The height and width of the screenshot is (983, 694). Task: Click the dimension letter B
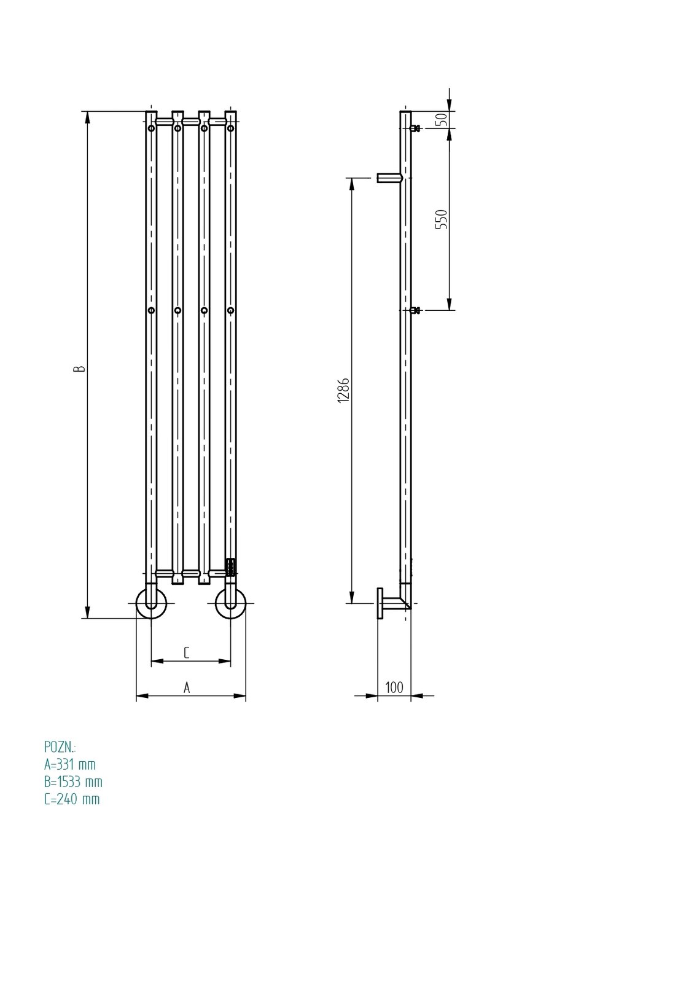click(79, 368)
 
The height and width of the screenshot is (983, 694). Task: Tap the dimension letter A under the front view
click(187, 687)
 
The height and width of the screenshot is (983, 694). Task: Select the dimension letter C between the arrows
click(187, 652)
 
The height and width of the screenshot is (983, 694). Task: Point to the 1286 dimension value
click(343, 390)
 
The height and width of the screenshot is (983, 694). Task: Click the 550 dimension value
click(442, 219)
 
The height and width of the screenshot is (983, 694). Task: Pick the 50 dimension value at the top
click(442, 119)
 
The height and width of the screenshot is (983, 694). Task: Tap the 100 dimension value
click(394, 687)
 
